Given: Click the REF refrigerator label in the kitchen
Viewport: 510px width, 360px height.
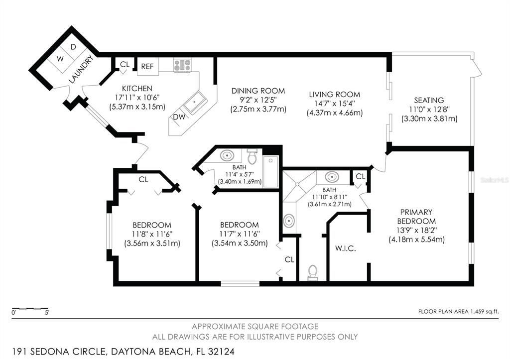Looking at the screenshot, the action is (x=147, y=66).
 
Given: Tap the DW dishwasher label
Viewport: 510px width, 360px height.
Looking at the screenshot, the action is (x=179, y=117).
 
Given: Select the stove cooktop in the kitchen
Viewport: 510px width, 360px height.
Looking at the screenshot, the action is (x=182, y=65).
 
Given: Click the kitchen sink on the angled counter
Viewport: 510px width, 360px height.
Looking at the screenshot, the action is (x=195, y=103).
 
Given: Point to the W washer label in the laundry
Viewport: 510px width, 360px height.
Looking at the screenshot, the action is (x=60, y=59).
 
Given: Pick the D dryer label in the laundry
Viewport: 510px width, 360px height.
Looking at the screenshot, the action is (x=73, y=47).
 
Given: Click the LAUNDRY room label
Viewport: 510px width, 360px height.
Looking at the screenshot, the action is (x=81, y=69).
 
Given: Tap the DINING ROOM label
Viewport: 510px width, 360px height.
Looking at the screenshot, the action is (x=258, y=91).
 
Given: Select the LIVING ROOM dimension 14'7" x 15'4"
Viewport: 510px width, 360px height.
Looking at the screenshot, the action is (x=334, y=104).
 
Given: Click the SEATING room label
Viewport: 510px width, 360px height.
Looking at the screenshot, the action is (x=429, y=100).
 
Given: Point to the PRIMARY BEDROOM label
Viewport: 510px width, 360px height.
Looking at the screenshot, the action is (x=416, y=217).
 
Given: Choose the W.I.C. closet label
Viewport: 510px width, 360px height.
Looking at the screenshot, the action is (x=346, y=249).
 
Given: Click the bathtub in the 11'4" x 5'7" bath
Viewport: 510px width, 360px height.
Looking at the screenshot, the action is (x=270, y=172).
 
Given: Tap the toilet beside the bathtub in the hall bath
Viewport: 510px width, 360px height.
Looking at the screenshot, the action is (x=252, y=156).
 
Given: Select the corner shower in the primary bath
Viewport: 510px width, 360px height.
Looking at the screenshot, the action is (x=299, y=185).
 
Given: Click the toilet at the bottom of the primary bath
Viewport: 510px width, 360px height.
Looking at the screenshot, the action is (x=313, y=272).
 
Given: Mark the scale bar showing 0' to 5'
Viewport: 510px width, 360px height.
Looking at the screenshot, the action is (x=30, y=308).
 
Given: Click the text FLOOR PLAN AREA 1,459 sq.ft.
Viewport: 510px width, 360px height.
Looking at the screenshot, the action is (x=458, y=312).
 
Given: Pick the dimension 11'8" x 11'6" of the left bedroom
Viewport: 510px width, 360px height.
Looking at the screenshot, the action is (x=152, y=234).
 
